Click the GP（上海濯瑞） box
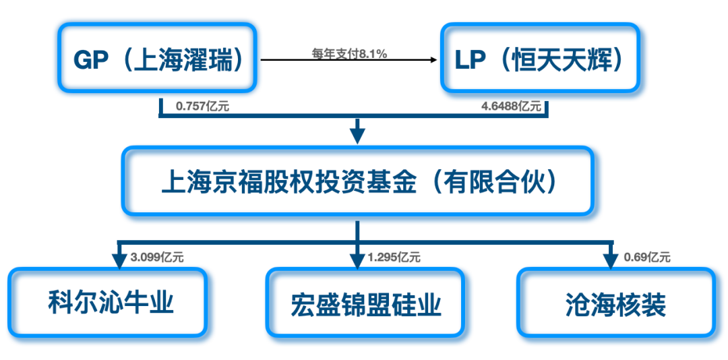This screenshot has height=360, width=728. pyautogui.click(x=157, y=57)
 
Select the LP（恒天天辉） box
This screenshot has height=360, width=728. pyautogui.click(x=540, y=57)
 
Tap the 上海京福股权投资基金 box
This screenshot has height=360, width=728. pyautogui.click(x=358, y=181)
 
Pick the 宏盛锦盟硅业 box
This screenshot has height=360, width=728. pyautogui.click(x=365, y=302)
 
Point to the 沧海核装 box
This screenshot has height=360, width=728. pyautogui.click(x=616, y=302)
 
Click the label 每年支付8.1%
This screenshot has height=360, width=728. pyautogui.click(x=350, y=54)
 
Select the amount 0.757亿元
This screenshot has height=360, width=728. pyautogui.click(x=202, y=107)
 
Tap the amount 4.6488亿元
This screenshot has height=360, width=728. pyautogui.click(x=511, y=107)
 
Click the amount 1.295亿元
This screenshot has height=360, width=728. pyautogui.click(x=394, y=257)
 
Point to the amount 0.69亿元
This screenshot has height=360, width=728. pyautogui.click(x=646, y=257)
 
